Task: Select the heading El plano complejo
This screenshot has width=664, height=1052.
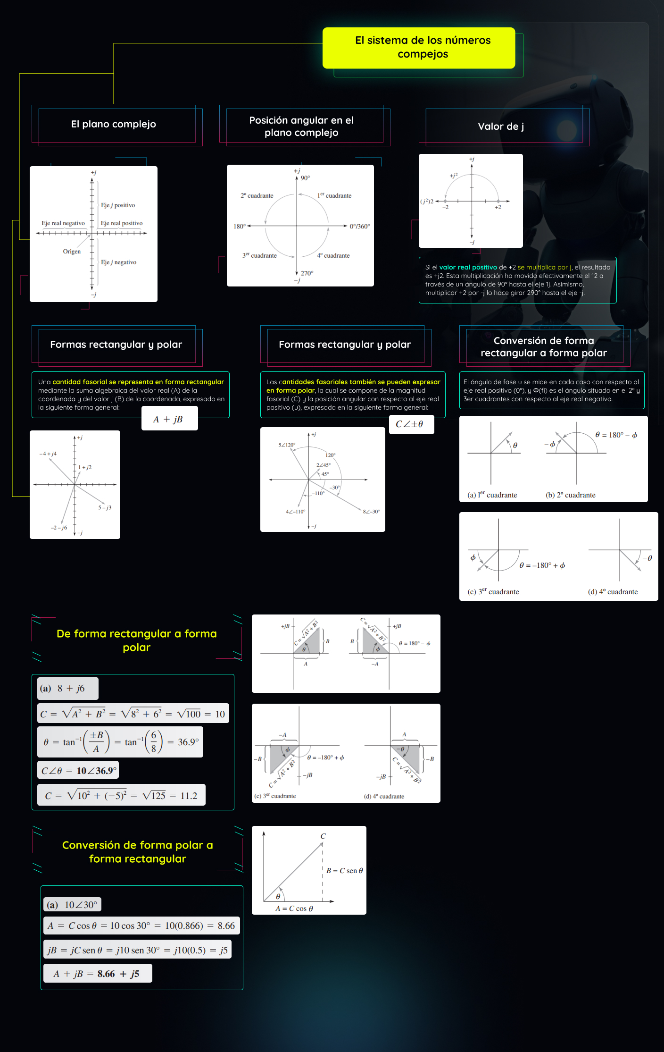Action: (x=114, y=124)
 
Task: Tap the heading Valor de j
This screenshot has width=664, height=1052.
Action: (x=501, y=126)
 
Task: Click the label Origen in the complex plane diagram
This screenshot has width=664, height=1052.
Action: (x=72, y=252)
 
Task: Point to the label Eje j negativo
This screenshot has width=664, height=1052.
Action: (x=118, y=262)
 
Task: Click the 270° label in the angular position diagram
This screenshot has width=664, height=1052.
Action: (x=307, y=273)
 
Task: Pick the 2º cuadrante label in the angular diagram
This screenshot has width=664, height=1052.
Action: (x=257, y=195)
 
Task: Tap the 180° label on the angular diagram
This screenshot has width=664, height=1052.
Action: (x=240, y=227)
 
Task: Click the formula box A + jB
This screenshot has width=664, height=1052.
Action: (x=169, y=419)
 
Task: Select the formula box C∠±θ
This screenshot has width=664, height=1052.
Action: (x=410, y=424)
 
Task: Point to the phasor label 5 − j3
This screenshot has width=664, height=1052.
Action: (x=105, y=508)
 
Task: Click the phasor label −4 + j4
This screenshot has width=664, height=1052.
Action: (x=48, y=454)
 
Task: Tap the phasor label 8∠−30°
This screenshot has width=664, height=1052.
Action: (x=371, y=512)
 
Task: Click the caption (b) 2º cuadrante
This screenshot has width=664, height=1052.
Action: (x=570, y=495)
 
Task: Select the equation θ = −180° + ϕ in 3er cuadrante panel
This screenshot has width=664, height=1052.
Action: (x=542, y=565)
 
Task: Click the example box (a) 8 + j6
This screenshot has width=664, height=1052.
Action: (x=67, y=689)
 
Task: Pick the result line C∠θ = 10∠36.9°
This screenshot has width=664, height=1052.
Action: (x=78, y=771)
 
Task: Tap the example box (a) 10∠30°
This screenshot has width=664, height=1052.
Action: (x=73, y=905)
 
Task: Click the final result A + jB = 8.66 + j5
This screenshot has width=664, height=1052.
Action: (x=97, y=974)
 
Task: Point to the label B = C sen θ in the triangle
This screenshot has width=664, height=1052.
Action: (x=345, y=871)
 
